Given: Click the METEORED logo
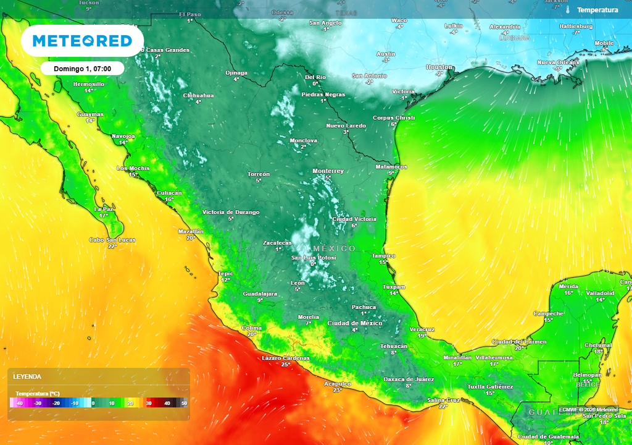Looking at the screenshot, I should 82,41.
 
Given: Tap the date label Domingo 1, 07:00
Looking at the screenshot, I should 83,68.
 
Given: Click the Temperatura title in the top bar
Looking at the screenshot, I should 597,10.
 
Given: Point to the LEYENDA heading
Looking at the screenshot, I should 27,376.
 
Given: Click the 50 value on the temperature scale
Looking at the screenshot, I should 184,403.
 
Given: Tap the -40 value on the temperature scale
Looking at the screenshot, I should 20,403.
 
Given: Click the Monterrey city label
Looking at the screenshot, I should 328,171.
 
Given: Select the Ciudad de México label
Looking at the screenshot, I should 354,323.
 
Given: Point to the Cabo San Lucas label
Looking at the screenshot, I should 112,240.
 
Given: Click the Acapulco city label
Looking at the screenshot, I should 338,384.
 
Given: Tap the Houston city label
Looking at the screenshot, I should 439,67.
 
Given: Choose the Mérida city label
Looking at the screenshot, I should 568,286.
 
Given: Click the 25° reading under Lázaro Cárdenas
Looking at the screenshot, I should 285,365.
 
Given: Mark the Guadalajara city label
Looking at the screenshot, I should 260,294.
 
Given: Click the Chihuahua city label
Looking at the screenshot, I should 198,95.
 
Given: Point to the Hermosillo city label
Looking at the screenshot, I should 89,83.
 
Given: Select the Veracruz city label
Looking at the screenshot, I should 422,329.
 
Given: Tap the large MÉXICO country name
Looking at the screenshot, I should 334,248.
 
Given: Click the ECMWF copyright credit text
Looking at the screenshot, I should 588,409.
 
